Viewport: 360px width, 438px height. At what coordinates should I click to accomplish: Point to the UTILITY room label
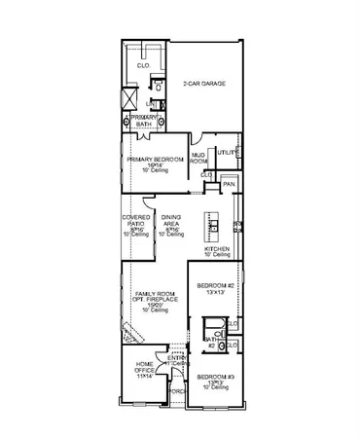[228, 152]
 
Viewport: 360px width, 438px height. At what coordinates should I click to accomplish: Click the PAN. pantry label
[229, 182]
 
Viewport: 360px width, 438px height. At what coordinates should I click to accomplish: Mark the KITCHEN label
[216, 249]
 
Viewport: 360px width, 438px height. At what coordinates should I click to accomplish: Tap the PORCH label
[177, 392]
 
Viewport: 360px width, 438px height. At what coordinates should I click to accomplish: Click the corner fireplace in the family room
[131, 334]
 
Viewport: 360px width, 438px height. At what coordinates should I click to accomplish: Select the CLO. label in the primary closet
[142, 66]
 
